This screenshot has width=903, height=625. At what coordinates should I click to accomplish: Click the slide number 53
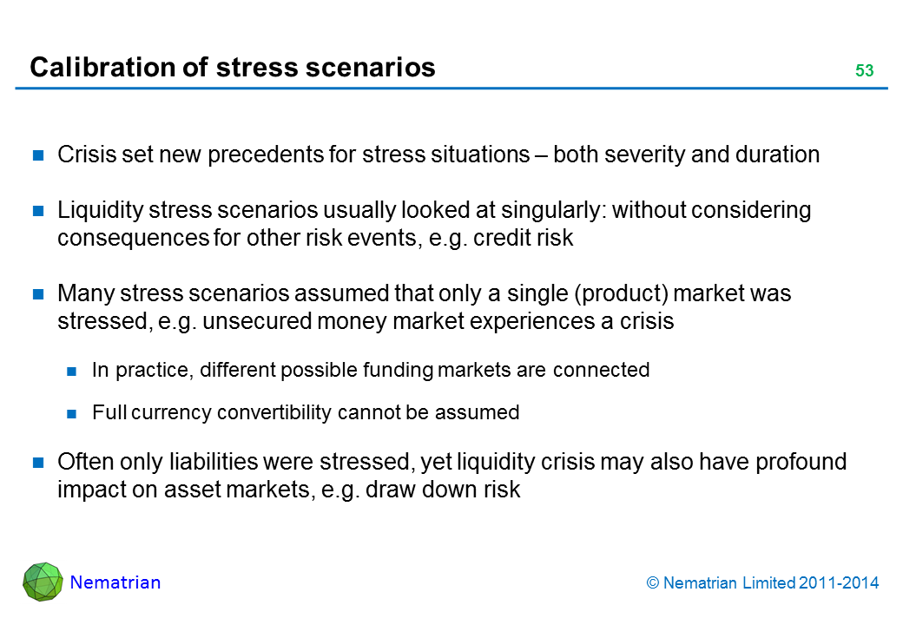(865, 70)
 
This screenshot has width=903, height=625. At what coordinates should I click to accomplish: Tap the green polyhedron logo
(43, 582)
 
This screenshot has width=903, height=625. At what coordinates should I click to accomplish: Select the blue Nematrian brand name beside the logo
(115, 582)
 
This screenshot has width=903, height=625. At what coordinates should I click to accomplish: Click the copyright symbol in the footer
(652, 583)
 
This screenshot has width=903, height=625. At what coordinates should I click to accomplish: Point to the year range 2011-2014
(839, 583)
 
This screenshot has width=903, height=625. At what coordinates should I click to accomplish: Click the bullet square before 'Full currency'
(71, 413)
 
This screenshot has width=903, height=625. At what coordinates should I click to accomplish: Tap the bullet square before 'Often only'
(38, 462)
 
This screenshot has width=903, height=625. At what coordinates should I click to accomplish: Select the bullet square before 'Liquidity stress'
(38, 211)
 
